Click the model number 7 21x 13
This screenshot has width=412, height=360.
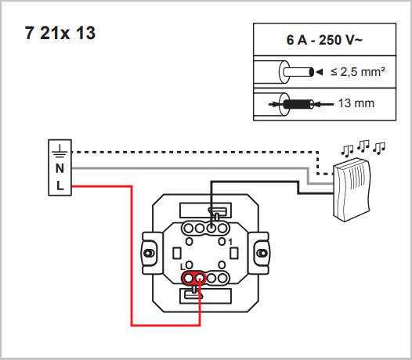pos(60,33)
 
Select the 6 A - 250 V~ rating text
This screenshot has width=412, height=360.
pos(324,40)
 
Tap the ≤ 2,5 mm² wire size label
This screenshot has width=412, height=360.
pos(358,72)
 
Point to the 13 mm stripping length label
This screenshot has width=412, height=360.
pos(356,103)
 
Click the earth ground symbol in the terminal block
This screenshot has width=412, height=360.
pos(60,151)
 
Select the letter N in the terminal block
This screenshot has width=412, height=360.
pos(60,168)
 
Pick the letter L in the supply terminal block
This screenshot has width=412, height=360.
pos(60,186)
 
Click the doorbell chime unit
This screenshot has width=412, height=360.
pos(352,189)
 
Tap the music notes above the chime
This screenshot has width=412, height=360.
pos(363,147)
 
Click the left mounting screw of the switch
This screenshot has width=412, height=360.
pos(149,254)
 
